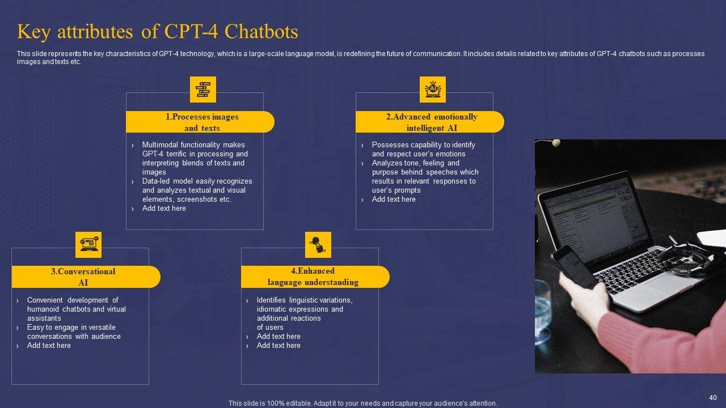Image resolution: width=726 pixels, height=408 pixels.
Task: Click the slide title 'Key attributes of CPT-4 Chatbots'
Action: click(158, 32)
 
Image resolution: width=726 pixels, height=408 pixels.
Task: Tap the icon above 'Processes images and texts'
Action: click(202, 90)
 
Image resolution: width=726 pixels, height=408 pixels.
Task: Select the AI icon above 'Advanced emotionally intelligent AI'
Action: click(433, 90)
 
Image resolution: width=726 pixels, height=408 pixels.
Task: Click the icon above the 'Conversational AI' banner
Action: click(88, 245)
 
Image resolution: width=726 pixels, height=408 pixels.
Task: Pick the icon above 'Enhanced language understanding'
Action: click(318, 245)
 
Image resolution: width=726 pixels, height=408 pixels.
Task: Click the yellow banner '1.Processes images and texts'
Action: click(200, 122)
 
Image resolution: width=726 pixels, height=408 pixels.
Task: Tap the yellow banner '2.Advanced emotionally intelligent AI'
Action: click(429, 122)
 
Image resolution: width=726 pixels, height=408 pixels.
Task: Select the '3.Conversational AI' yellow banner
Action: click(85, 277)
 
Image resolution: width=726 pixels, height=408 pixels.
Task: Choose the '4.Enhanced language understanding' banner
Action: click(315, 277)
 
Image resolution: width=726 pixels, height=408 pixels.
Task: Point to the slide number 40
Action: click(713, 397)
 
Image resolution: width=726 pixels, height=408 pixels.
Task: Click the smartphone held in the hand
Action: click(573, 266)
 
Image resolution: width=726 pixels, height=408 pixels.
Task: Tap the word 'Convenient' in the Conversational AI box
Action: click(45, 300)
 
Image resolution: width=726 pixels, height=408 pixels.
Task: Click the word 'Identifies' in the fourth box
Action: click(272, 300)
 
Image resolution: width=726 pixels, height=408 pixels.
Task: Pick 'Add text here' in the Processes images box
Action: click(164, 209)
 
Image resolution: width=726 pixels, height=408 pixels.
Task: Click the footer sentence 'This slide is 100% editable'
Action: click(362, 403)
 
